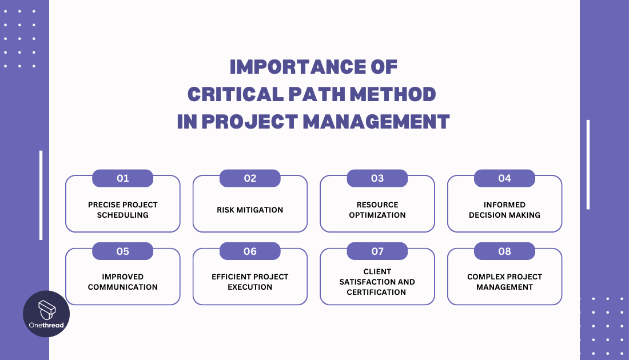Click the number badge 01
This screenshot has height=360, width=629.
pos(123,178)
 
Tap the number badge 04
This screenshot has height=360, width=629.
pos(504,178)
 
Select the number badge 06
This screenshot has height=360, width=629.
pos(250,251)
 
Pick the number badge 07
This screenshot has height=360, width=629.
pos(377,251)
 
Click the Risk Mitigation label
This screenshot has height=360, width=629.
pos(250,210)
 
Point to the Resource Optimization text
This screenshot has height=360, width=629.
pos(377,210)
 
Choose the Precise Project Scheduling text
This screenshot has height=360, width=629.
pos(123,210)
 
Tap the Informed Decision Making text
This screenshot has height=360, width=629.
pos(504,210)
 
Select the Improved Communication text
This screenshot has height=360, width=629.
pos(123,282)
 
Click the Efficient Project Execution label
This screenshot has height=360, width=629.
pos(250,282)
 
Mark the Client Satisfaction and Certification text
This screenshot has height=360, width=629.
pos(377,282)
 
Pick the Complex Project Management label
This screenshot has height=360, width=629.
pos(504,282)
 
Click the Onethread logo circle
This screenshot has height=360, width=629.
pos(46,314)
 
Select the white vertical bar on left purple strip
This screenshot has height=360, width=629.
pos(41,195)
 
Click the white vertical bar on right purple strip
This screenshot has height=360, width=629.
pos(588,165)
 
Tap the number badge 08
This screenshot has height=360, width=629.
pos(504,251)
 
